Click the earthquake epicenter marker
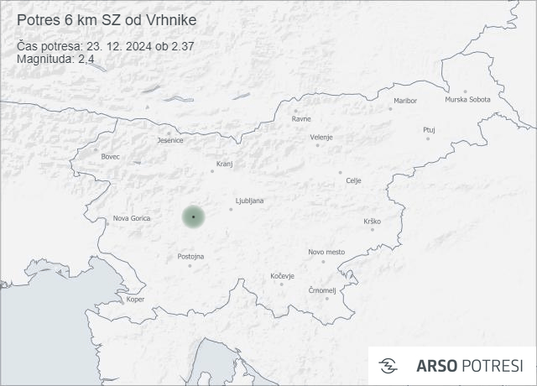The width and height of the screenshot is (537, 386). [193, 216]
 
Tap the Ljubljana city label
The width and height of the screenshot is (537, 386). [250, 201]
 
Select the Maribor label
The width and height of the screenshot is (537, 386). [404, 101]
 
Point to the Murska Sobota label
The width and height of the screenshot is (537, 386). [467, 100]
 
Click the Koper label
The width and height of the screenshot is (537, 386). [135, 300]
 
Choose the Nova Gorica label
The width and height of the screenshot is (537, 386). [133, 219]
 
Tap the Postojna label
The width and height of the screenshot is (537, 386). [191, 257]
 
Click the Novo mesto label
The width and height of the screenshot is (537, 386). [326, 252]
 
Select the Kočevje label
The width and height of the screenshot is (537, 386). [283, 276]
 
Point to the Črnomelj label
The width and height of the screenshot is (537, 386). [322, 290]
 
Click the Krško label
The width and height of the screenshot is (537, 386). [373, 221]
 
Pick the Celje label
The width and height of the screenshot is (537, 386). [353, 180]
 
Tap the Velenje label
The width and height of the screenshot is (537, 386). [321, 137]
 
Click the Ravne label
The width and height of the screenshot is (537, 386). [301, 118]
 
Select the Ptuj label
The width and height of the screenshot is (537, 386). [430, 130]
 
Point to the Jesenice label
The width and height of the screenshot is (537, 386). [170, 140]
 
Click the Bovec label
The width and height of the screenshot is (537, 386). [110, 157]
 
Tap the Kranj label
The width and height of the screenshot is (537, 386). [224, 164]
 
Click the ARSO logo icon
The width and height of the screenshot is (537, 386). [388, 366]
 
